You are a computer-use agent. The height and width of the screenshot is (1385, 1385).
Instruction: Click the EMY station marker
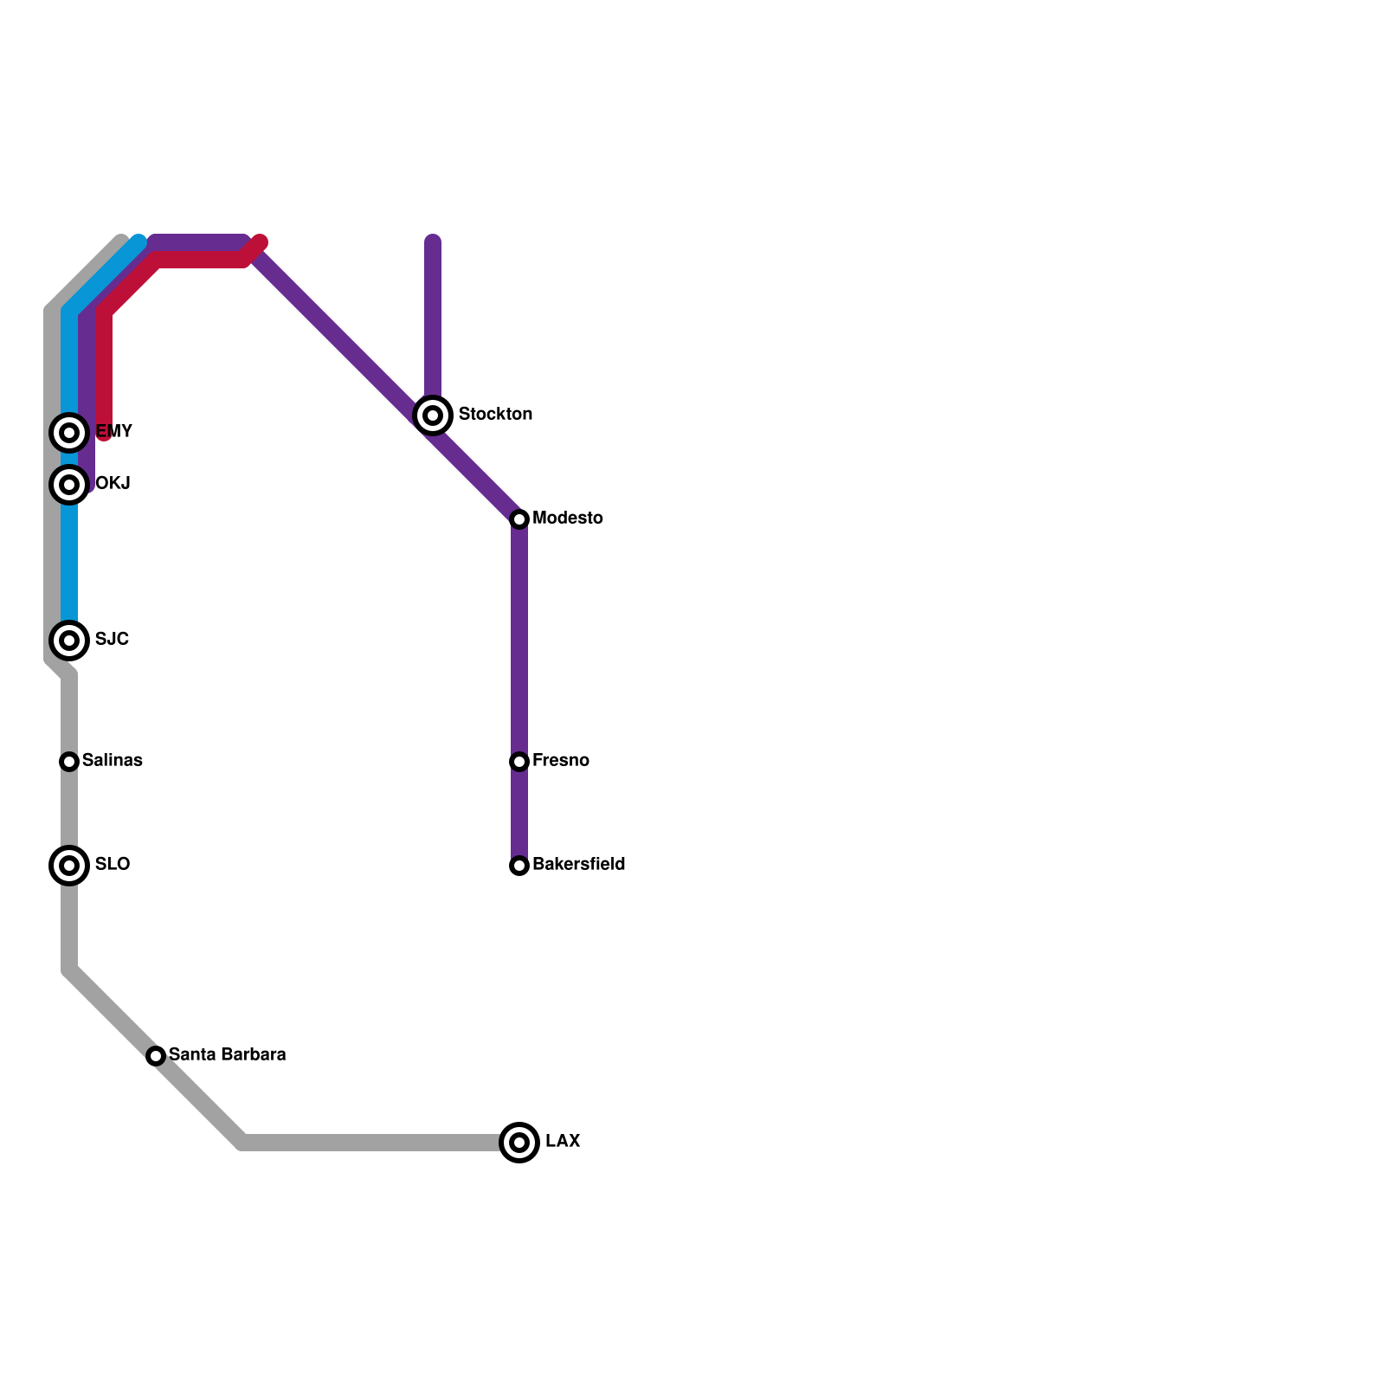tap(70, 432)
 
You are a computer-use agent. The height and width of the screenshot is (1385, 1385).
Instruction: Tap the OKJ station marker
tap(70, 484)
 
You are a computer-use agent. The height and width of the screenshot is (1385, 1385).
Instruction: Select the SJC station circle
tap(70, 640)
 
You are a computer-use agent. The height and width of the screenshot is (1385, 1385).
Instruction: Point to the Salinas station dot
tap(70, 761)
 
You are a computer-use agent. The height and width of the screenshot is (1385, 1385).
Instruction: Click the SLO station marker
tap(70, 865)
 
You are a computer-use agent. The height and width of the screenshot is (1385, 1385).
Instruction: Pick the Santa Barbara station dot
tap(156, 1055)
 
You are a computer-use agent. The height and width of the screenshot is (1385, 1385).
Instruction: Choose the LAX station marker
tap(519, 1142)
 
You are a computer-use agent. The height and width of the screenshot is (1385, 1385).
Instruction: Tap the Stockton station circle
tap(434, 415)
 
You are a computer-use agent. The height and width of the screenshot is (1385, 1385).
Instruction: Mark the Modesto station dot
tap(519, 519)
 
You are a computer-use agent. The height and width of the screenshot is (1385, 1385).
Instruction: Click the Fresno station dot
tap(519, 761)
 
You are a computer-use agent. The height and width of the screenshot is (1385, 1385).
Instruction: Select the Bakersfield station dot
tap(519, 865)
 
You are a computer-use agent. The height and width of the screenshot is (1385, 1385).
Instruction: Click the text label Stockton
tap(495, 414)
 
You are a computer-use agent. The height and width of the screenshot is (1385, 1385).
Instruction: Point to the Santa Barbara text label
tap(227, 1054)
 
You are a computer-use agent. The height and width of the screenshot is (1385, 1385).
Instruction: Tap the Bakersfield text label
tap(578, 864)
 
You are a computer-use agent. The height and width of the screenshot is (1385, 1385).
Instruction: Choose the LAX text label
tap(563, 1141)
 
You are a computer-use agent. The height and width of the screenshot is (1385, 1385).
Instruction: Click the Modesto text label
tap(568, 518)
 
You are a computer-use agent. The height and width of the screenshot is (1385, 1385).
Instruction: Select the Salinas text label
tap(113, 760)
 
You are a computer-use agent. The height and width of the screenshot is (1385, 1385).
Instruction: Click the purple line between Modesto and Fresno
tap(519, 641)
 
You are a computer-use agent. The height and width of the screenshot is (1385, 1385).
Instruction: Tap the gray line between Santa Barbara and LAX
tap(372, 1143)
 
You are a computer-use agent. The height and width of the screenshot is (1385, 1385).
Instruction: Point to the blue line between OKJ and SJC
tap(70, 563)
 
